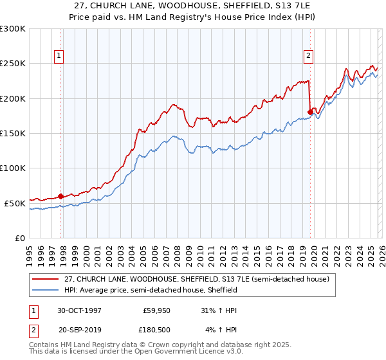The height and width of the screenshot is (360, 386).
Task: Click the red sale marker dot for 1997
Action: [x=61, y=196]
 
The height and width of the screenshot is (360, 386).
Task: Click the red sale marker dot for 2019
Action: [x=310, y=112]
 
